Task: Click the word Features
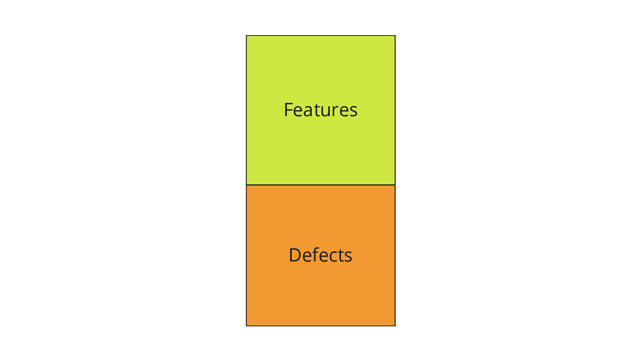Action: click(320, 110)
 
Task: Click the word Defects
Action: click(320, 255)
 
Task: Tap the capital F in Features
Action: click(288, 110)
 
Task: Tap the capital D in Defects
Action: click(295, 255)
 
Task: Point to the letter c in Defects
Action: click(333, 257)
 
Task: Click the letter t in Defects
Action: click(341, 256)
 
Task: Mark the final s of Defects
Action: click(348, 257)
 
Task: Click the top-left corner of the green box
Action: click(246, 36)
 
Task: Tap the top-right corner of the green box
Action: click(395, 36)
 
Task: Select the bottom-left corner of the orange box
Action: click(246, 326)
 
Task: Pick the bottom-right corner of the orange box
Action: click(395, 326)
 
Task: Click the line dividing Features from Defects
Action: click(321, 185)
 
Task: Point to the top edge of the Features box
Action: click(321, 36)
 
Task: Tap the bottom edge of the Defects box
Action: click(321, 326)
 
